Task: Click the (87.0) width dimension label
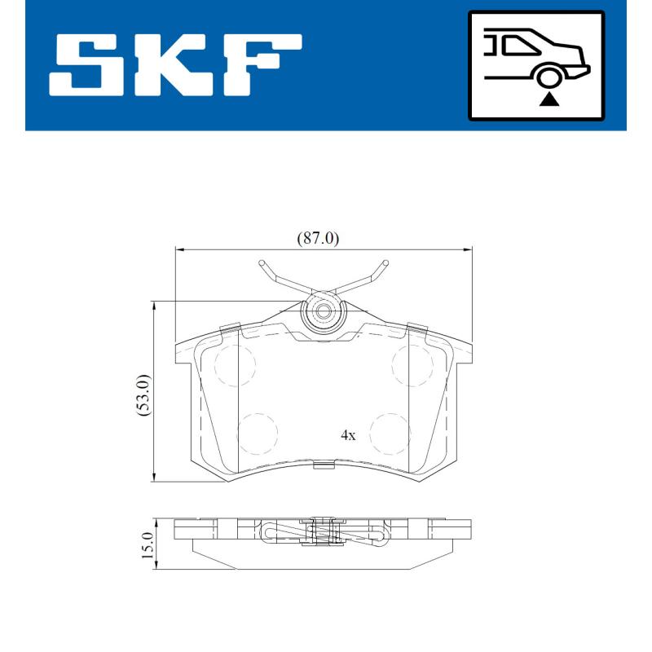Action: (318, 238)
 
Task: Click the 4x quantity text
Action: (348, 435)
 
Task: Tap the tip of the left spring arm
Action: (262, 263)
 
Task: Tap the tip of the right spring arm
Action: (384, 263)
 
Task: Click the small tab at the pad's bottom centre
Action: (324, 465)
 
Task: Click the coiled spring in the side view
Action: (323, 533)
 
